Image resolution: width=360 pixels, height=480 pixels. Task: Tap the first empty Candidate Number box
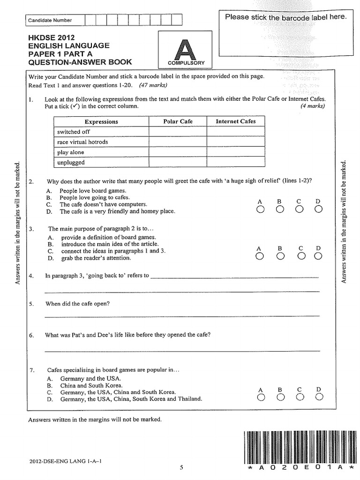point(90,20)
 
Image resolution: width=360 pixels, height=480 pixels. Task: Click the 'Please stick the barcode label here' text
point(286,17)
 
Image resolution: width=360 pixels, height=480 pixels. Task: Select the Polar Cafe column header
point(178,121)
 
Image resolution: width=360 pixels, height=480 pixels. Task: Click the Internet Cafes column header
point(236,121)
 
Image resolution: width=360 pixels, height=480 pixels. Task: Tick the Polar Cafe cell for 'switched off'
point(178,132)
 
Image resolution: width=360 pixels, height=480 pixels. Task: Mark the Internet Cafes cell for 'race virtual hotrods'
point(236,142)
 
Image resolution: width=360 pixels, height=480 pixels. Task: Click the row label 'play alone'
point(71,152)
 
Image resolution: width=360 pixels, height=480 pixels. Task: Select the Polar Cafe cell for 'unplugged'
point(178,162)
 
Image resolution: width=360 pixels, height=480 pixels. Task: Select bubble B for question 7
point(280,397)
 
